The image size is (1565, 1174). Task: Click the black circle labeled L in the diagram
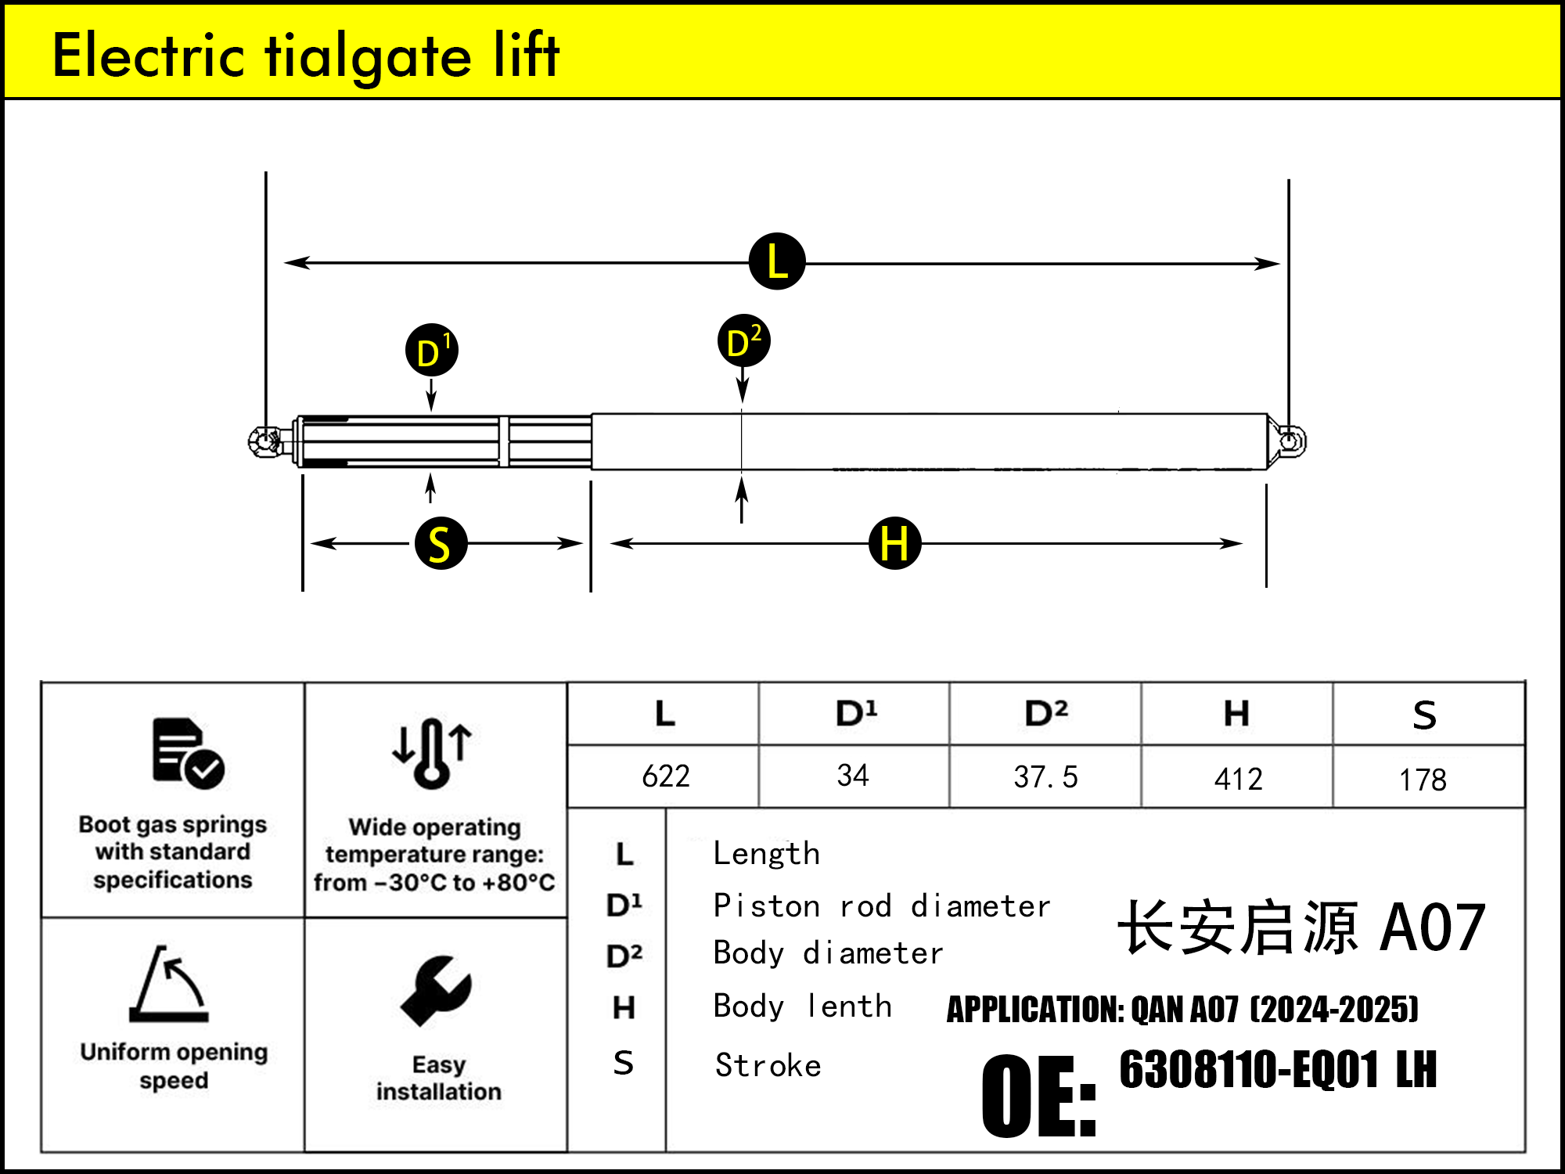777,261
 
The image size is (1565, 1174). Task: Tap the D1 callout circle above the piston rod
432,351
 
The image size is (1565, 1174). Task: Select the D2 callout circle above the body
744,341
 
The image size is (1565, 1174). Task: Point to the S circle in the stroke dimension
441,543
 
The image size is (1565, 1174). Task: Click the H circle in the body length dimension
895,543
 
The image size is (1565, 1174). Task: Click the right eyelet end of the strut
1290,441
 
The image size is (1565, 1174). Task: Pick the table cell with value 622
665,776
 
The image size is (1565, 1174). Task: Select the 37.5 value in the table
1045,776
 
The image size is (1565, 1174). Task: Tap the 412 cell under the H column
1238,779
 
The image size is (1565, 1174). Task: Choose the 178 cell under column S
1423,780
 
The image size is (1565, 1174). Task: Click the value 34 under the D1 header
853,776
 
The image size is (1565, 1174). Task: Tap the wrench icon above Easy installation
436,990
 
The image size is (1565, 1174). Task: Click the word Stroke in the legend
768,1066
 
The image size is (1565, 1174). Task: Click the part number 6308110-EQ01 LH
1278,1070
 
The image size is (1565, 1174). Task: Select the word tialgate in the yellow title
369,56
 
